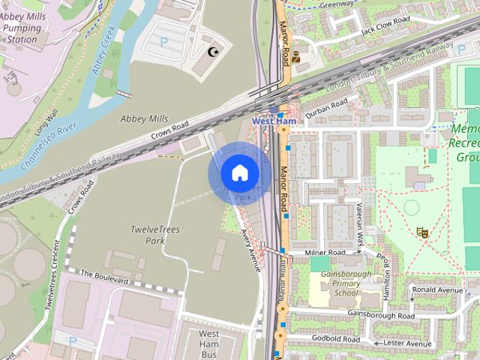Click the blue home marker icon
238,173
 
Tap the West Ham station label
274,121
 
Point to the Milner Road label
325,253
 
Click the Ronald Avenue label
438,289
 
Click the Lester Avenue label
409,343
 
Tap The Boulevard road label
105,277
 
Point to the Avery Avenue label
250,249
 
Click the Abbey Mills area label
145,118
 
